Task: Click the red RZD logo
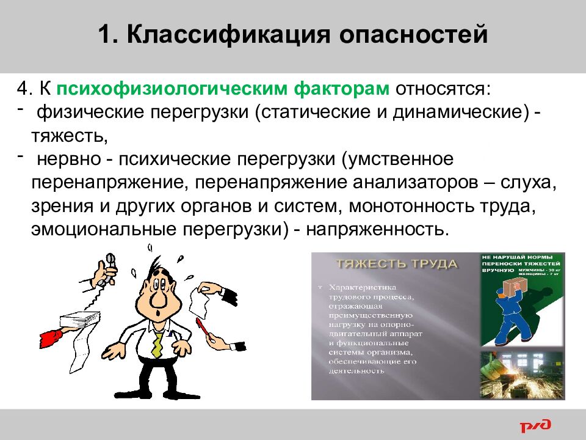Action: pyautogui.click(x=535, y=425)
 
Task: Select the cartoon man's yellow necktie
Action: pyautogui.click(x=157, y=343)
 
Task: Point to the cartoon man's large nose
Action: pyautogui.click(x=156, y=299)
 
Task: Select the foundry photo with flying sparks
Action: pyautogui.click(x=523, y=374)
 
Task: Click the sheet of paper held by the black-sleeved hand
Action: pyautogui.click(x=200, y=299)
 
